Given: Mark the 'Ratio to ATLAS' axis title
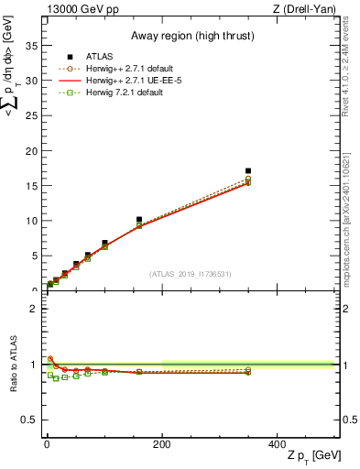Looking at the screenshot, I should (14, 364).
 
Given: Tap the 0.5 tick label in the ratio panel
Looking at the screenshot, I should (29, 420).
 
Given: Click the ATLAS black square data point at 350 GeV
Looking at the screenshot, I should (247, 170).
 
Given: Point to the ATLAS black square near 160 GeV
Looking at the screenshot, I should (138, 220).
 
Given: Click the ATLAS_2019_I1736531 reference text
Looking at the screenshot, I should (190, 274).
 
